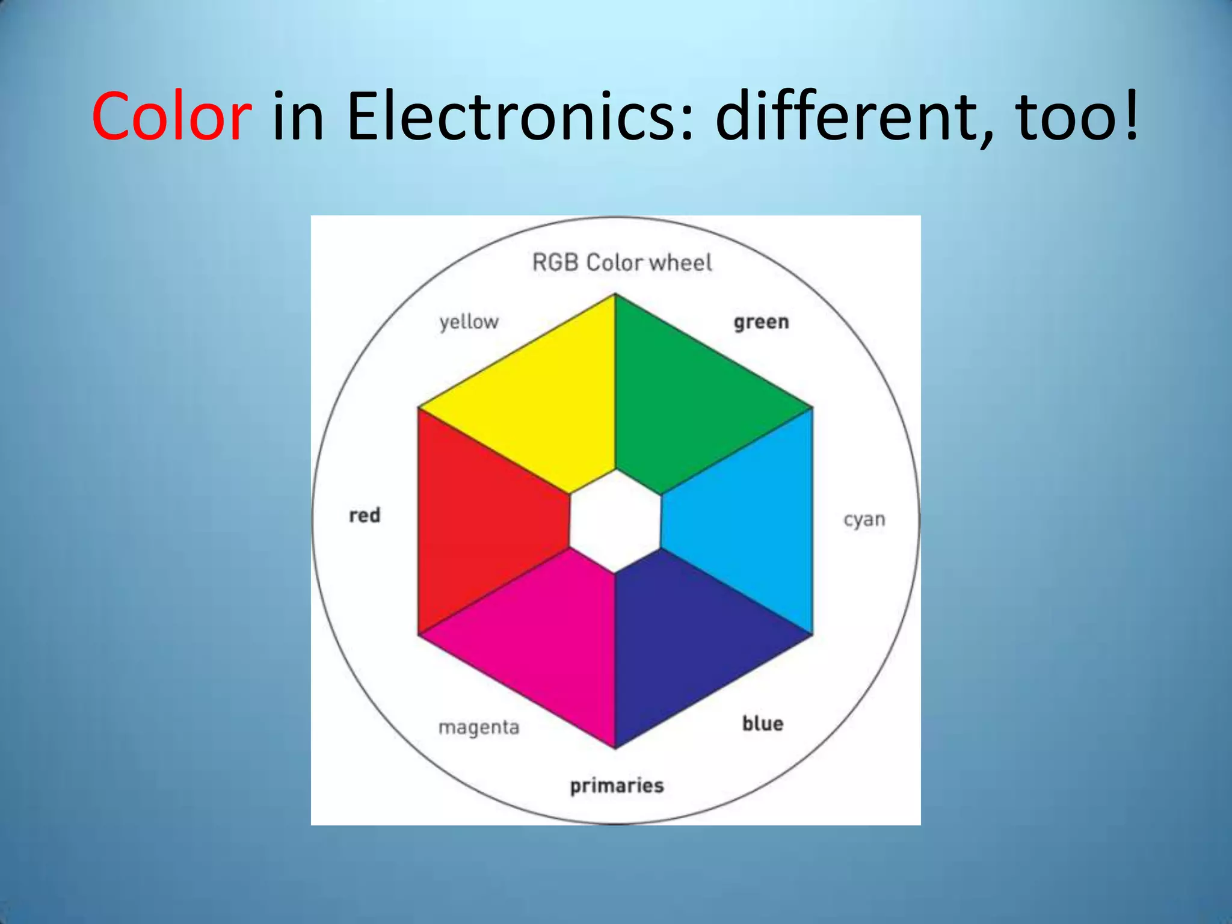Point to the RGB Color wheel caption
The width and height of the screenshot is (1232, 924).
point(622,263)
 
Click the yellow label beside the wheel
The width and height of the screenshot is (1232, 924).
point(469,322)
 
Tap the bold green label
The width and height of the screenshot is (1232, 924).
point(761,322)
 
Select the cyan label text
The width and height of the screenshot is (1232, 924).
point(864,519)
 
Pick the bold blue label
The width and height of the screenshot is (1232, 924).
point(763,723)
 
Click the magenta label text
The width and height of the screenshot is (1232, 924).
point(479,727)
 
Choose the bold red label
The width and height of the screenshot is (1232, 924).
point(365,516)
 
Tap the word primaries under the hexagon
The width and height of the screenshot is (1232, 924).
point(617,786)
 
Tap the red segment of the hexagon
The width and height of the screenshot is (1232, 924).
point(481,520)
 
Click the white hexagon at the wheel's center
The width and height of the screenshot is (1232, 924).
point(615,521)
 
